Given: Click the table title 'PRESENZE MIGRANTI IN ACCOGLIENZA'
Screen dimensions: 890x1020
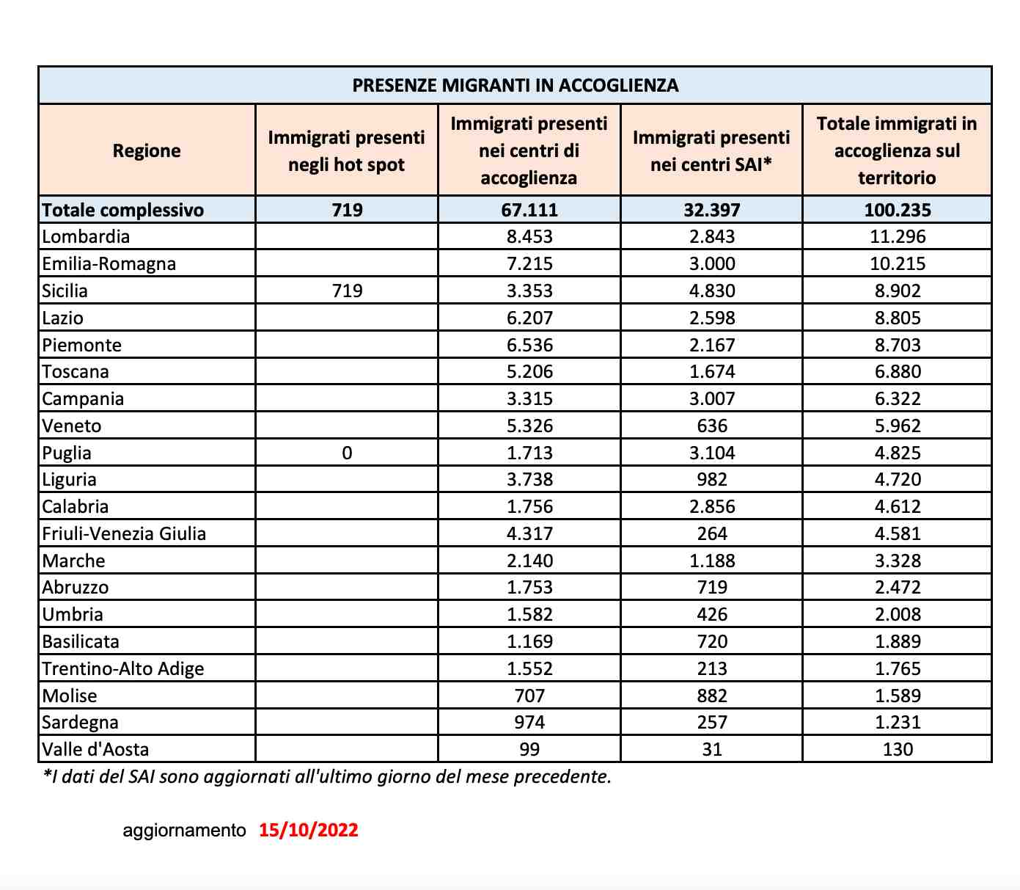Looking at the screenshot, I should coord(515,85).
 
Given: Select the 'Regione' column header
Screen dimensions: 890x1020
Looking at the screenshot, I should coord(147,150).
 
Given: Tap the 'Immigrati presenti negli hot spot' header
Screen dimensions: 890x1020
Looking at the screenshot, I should coord(346,150).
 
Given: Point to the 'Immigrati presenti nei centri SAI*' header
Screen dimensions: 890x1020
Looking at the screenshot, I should coord(711,150).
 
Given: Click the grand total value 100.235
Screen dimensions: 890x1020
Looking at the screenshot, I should coord(897,210).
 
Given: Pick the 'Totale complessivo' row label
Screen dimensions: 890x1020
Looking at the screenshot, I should coord(123,210).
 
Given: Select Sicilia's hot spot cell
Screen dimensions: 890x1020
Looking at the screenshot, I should coord(347,291).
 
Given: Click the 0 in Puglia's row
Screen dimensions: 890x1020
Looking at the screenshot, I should coord(347,453).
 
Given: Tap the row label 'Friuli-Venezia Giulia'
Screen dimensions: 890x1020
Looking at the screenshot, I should coord(124,533).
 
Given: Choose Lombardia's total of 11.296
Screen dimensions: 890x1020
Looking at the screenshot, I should coord(897,236).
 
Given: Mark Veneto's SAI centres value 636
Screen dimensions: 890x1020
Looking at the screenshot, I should coord(711,426).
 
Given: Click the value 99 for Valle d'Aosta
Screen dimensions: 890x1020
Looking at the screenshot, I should coord(529,749).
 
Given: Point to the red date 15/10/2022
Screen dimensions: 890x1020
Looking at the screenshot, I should coord(308,830).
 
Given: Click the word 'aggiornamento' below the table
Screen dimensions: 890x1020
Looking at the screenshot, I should coord(184,830).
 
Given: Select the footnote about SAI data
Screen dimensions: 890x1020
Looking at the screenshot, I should coord(327,776).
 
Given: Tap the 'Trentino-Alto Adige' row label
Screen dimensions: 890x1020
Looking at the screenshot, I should coord(123,668).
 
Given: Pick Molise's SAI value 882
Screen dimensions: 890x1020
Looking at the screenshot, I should coord(711,696).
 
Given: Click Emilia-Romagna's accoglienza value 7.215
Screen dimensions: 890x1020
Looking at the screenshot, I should coord(529,263).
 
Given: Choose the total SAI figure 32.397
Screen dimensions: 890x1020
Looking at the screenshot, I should coord(711,210).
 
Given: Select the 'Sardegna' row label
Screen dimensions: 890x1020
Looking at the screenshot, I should coord(81,722).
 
